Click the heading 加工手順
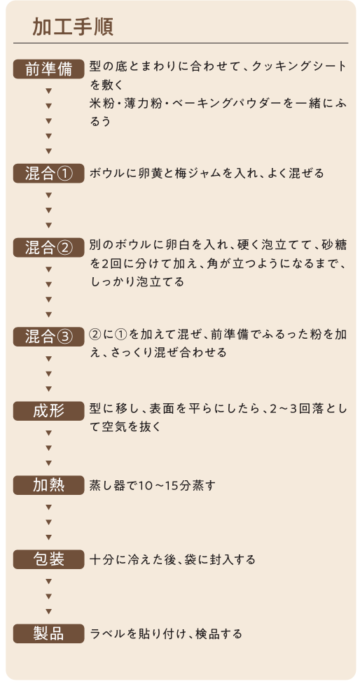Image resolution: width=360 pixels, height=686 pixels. tap(73, 27)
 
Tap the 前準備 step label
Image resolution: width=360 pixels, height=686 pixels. tap(48, 69)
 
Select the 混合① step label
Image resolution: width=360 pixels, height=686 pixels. tap(48, 174)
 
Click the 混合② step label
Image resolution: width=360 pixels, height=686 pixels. tap(48, 248)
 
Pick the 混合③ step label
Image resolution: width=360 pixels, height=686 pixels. tap(48, 337)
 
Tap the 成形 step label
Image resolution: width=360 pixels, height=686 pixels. tap(48, 412)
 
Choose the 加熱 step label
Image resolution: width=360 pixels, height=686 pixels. tap(48, 485)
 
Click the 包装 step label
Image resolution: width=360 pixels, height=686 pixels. tap(48, 559)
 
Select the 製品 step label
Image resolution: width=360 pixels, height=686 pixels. tap(48, 633)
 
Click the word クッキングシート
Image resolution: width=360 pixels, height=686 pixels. tap(299, 66)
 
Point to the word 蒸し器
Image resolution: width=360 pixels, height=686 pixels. tap(108, 486)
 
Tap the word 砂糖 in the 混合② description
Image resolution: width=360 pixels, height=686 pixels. tap(334, 245)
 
